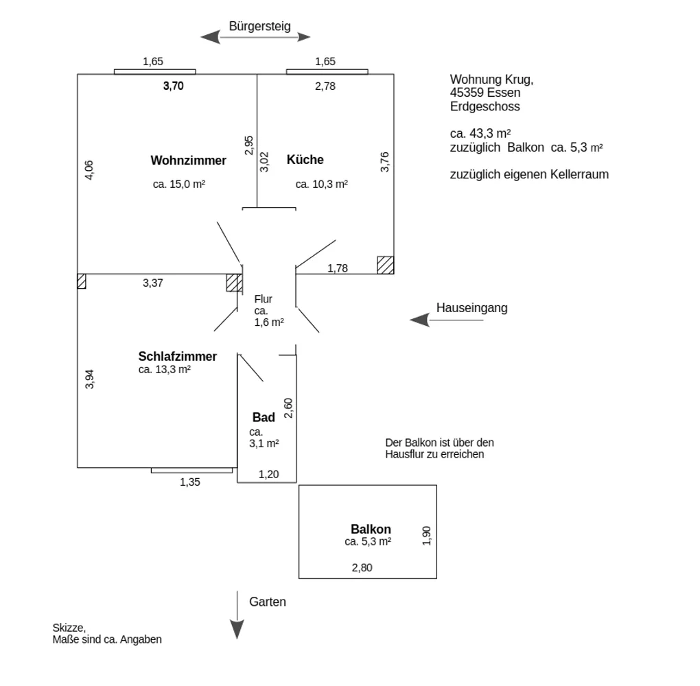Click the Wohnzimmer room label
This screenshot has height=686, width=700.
(189, 161)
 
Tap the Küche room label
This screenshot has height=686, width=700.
(305, 159)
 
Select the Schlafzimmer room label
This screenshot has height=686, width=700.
(177, 356)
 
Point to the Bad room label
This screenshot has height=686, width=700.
(264, 417)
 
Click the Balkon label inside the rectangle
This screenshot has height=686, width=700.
(371, 529)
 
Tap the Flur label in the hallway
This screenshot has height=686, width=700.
(263, 299)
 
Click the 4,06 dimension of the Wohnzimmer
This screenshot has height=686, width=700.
(89, 170)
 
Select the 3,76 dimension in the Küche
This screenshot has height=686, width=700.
(384, 162)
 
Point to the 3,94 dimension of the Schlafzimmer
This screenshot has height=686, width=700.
(89, 379)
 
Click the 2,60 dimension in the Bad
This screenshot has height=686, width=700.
(288, 408)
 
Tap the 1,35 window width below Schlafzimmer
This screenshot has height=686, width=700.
(189, 482)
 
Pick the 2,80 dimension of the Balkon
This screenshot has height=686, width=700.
(362, 568)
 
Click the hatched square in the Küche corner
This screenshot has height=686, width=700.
(385, 265)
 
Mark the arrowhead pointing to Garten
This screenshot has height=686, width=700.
(237, 629)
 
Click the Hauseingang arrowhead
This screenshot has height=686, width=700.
(419, 320)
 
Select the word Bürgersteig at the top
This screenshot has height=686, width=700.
(259, 26)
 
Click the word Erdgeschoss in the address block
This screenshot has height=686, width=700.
(485, 106)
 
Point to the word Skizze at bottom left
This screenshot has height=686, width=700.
(69, 628)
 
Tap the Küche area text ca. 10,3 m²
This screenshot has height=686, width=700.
(321, 184)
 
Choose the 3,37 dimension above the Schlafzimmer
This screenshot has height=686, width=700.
(152, 283)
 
